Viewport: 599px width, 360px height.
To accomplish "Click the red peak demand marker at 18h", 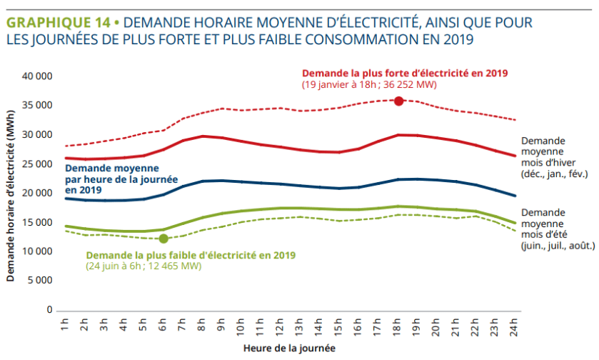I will point(399,101).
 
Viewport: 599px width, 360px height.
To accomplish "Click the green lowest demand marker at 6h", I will point(163,239).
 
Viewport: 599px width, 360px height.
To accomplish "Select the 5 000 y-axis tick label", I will point(41,281).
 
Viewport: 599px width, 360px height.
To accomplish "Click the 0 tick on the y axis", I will point(50,310).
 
